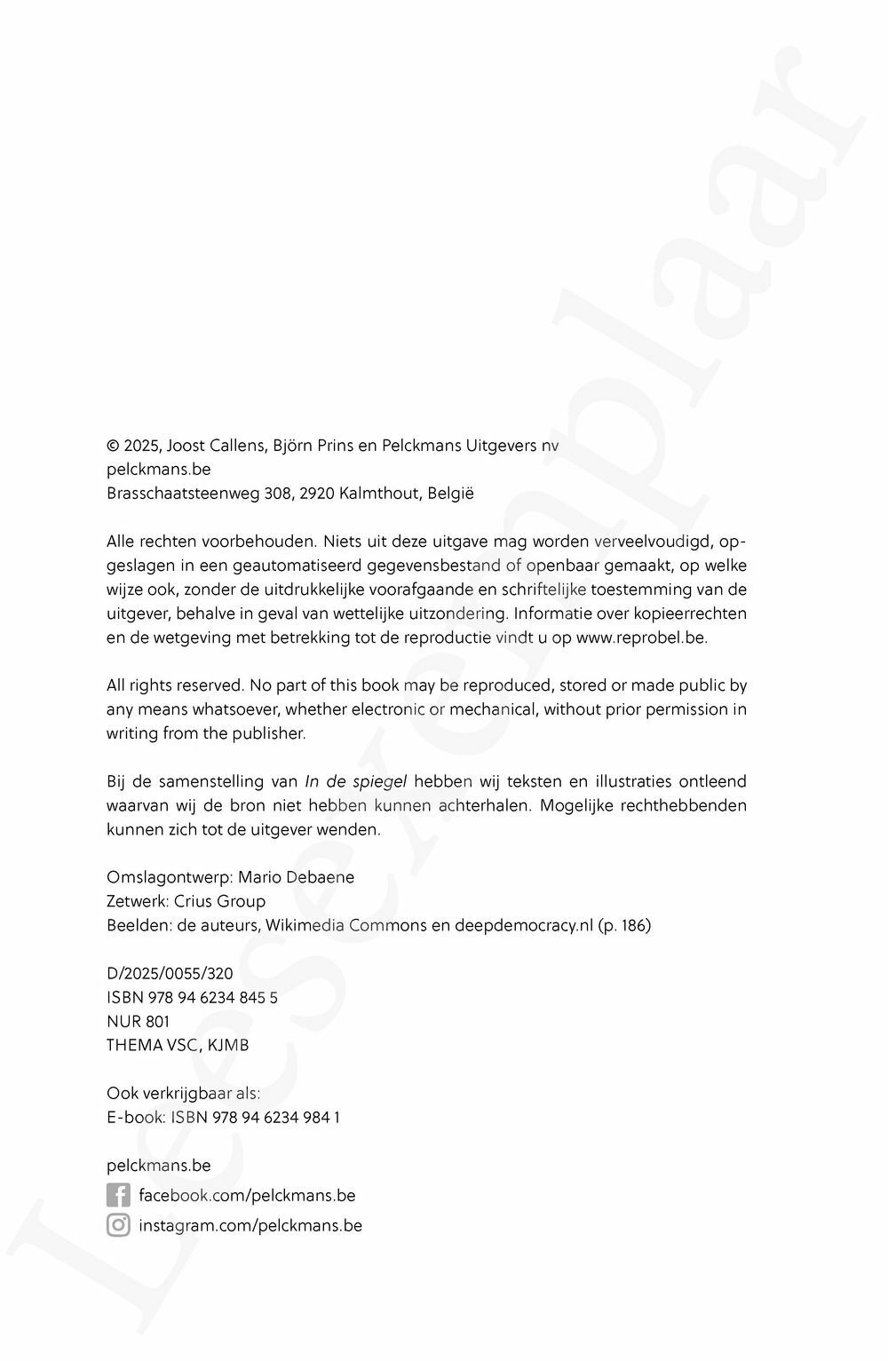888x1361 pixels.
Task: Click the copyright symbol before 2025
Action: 113,446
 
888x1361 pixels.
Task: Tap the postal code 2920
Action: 317,494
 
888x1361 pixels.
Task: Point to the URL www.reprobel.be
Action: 641,637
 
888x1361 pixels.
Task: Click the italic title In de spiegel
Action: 355,781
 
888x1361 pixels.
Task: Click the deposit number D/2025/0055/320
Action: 170,973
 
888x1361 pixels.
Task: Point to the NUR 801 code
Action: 138,1021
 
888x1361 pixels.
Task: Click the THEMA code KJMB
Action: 229,1045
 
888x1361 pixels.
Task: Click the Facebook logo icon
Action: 118,1195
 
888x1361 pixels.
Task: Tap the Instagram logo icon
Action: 118,1225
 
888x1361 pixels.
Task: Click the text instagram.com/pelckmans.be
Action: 250,1225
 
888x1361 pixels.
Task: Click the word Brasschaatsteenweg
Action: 183,494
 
